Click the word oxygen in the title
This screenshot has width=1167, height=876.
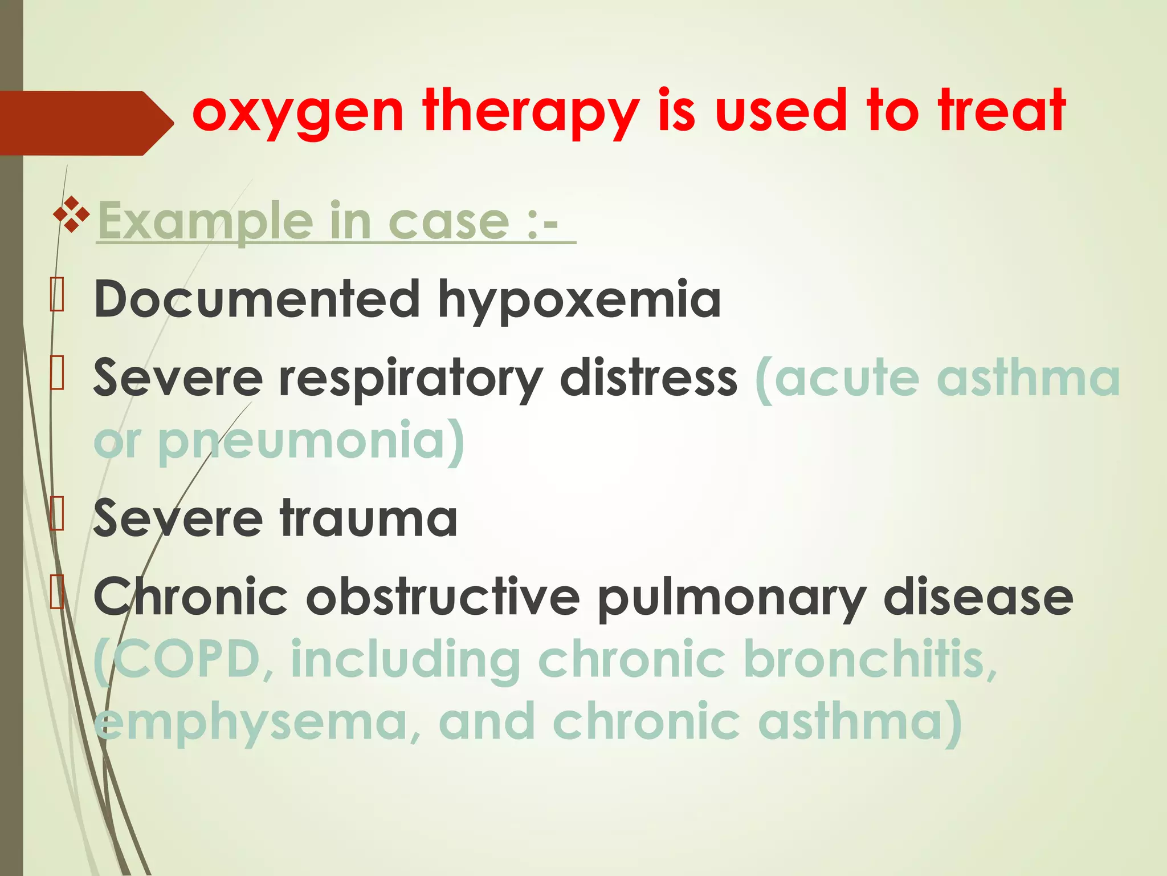[x=298, y=112]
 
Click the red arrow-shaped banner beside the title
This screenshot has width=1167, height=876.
[x=85, y=123]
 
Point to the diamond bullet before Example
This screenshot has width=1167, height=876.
[x=71, y=214]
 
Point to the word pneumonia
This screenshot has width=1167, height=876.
[x=301, y=441]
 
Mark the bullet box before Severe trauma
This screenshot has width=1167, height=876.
[x=57, y=514]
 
